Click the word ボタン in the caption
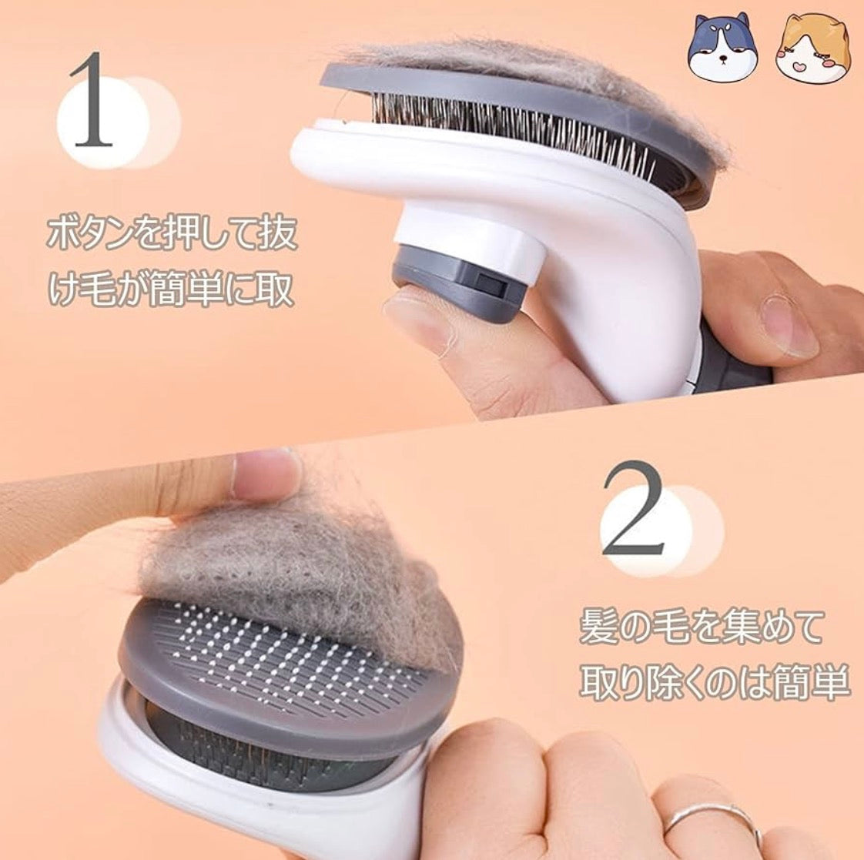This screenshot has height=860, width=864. pos(99,234)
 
